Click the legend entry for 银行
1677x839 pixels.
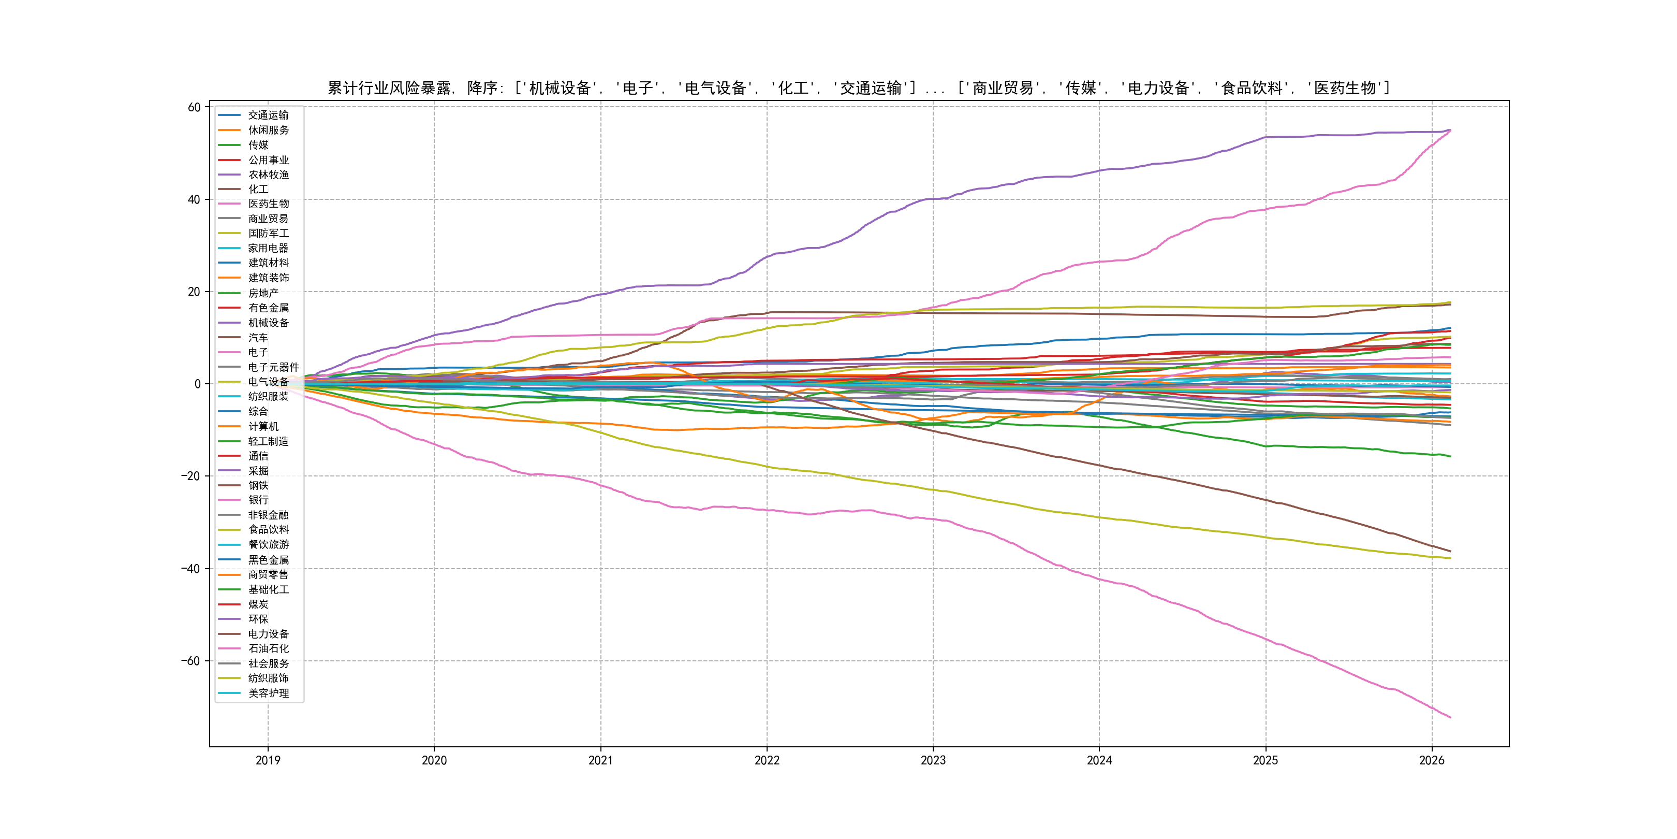[x=258, y=500]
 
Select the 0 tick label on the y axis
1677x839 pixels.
[x=197, y=384]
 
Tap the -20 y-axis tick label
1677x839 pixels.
[x=191, y=476]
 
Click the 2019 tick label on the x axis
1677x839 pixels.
[x=268, y=760]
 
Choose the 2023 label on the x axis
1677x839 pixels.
[x=933, y=760]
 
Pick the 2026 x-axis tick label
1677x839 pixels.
[x=1432, y=760]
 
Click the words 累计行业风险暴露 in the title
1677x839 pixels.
[x=389, y=88]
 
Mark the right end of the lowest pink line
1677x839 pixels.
[x=1450, y=717]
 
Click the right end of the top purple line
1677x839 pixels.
[x=1450, y=129]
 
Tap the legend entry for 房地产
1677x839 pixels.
[x=263, y=293]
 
